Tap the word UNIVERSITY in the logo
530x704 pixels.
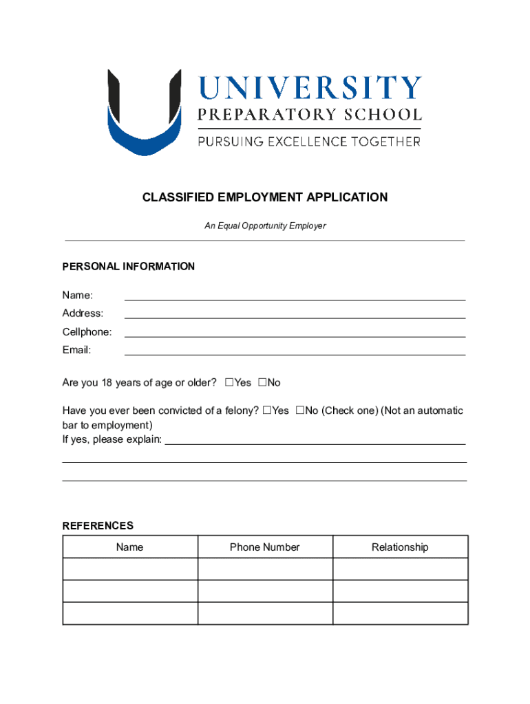pyautogui.click(x=309, y=88)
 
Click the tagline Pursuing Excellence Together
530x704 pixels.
pyautogui.click(x=309, y=142)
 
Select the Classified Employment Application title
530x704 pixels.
pyautogui.click(x=265, y=198)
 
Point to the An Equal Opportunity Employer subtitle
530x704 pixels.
pyautogui.click(x=265, y=225)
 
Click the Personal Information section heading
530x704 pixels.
pyautogui.click(x=129, y=267)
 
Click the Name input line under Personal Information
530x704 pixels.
pyautogui.click(x=295, y=296)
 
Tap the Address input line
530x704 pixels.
pyautogui.click(x=295, y=313)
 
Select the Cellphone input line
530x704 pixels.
pyautogui.click(x=295, y=332)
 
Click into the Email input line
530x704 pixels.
pyautogui.click(x=295, y=350)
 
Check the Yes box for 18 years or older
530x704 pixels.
pyautogui.click(x=229, y=382)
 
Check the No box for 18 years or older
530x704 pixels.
pyautogui.click(x=262, y=382)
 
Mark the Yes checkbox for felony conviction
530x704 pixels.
pyautogui.click(x=267, y=410)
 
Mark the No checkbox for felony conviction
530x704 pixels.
pyautogui.click(x=300, y=410)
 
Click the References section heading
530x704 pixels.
pyautogui.click(x=98, y=526)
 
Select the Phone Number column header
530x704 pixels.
pyautogui.click(x=265, y=547)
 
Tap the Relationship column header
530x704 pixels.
pyautogui.click(x=400, y=547)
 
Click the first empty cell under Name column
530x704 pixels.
pyautogui.click(x=130, y=569)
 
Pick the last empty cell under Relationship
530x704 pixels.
pyautogui.click(x=400, y=613)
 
